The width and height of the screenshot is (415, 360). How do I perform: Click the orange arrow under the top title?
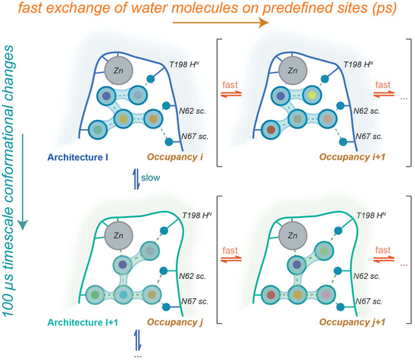tap(220, 23)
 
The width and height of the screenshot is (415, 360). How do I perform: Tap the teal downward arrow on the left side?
tap(23, 182)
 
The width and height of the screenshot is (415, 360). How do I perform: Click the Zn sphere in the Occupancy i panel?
tap(118, 70)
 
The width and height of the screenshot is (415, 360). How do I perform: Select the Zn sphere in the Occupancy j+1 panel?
tap(293, 235)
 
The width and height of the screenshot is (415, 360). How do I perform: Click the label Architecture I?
tap(77, 157)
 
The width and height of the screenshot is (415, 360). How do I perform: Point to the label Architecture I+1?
tap(83, 323)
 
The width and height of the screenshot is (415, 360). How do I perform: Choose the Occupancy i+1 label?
tap(352, 157)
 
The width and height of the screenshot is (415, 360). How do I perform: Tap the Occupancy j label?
tap(175, 323)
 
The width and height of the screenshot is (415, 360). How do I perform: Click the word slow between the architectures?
tap(151, 177)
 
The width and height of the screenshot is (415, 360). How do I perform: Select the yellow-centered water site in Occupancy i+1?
tap(312, 95)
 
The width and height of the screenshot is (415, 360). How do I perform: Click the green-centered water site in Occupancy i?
tap(98, 130)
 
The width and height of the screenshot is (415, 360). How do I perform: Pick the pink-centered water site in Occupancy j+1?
tap(326, 294)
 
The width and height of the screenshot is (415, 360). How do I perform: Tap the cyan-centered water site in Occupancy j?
tap(123, 294)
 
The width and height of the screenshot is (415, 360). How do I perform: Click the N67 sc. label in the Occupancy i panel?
tap(195, 136)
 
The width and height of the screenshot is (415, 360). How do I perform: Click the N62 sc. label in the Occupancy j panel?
tap(193, 276)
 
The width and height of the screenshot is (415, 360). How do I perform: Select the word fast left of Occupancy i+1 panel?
tap(230, 85)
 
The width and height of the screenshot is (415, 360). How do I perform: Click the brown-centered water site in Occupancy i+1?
tap(271, 130)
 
